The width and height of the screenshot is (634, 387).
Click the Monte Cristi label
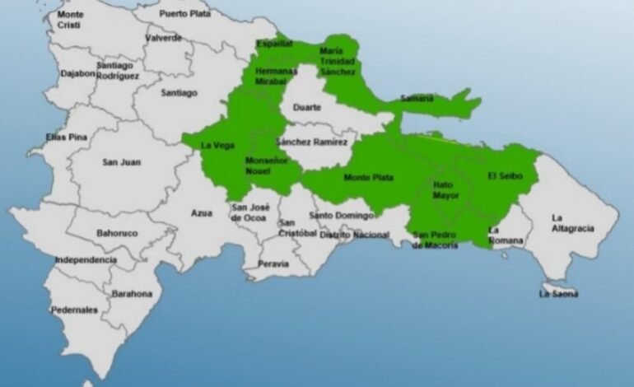pyautogui.click(x=71, y=20)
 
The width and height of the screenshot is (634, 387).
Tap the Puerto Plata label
pyautogui.click(x=184, y=13)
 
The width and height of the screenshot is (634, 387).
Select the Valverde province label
pyautogui.click(x=163, y=38)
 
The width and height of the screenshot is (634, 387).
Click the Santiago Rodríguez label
pyautogui.click(x=118, y=70)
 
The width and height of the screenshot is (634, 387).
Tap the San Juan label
pyautogui.click(x=121, y=162)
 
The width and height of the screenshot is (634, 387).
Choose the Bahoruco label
pyautogui.click(x=117, y=233)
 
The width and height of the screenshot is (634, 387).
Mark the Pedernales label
pyautogui.click(x=74, y=310)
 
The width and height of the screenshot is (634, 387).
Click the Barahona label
pyautogui.click(x=133, y=293)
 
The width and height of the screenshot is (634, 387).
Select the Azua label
pyautogui.click(x=202, y=212)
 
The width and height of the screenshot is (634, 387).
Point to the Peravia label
pyautogui.click(x=273, y=264)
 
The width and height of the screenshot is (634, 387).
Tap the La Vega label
pyautogui.click(x=218, y=146)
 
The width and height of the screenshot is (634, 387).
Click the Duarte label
pyautogui.click(x=307, y=106)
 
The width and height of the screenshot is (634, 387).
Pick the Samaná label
pyautogui.click(x=417, y=99)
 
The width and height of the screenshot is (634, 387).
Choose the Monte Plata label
pyautogui.click(x=368, y=177)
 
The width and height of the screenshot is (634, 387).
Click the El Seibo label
pyautogui.click(x=502, y=175)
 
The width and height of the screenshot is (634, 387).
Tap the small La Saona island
pyautogui.click(x=559, y=292)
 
